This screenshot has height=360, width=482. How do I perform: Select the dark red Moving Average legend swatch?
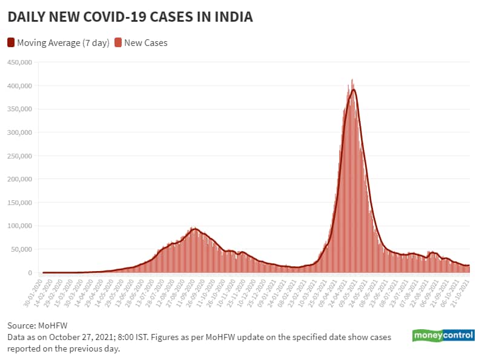[11, 42]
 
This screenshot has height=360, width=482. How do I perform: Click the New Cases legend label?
[145, 42]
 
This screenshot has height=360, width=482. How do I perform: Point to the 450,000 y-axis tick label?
[19, 62]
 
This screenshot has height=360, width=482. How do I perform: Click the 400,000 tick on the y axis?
[19, 86]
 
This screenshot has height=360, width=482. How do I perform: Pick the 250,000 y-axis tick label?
[19, 156]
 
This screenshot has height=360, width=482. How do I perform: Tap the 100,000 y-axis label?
[19, 226]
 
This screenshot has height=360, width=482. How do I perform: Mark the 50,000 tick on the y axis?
[21, 249]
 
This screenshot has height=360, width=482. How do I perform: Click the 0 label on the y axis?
[30, 273]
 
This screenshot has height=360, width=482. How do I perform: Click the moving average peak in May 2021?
[353, 90]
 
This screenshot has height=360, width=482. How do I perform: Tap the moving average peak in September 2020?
[194, 229]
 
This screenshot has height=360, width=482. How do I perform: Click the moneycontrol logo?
[443, 336]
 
